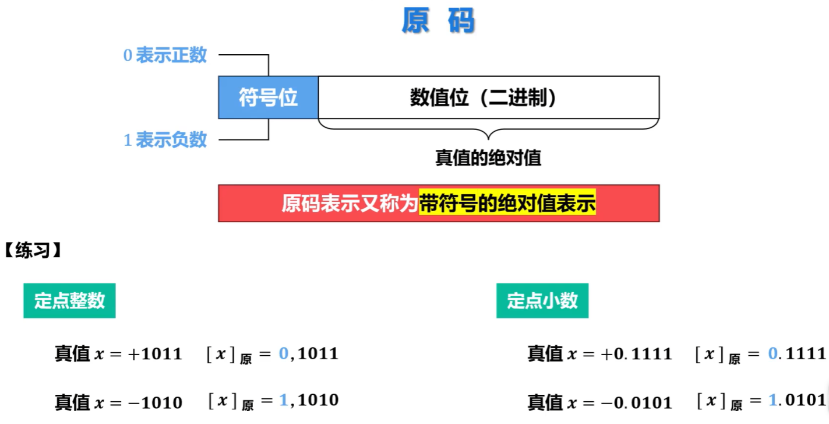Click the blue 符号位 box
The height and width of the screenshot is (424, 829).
[x=268, y=97]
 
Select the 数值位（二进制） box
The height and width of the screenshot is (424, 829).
[x=488, y=97]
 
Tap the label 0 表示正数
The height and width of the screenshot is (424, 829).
[x=165, y=55]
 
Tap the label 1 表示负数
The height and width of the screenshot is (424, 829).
[x=165, y=140]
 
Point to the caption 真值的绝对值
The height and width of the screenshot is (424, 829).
[x=488, y=158]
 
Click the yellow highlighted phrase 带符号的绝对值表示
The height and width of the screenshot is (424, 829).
[x=507, y=204]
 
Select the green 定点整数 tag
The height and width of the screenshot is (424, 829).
[x=69, y=300]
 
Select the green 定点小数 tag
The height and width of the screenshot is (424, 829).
[x=542, y=300]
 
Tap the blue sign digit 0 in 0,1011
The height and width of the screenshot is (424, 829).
[x=284, y=353]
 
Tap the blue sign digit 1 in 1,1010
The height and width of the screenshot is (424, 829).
[x=284, y=401]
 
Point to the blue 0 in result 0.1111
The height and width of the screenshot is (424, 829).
[x=773, y=353]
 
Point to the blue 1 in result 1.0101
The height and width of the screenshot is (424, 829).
[x=773, y=401]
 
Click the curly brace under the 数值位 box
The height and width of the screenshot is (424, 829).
[x=488, y=128]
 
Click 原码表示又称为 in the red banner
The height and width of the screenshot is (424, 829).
[x=350, y=204]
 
